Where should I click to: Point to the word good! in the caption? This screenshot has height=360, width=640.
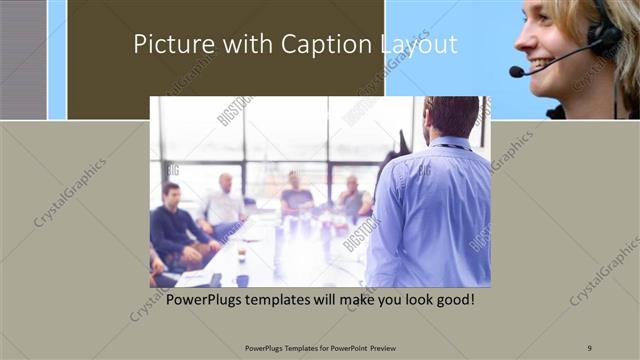pos(451,299)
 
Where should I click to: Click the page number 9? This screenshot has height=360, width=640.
pos(588,346)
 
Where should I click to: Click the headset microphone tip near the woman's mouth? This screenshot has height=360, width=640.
pos(516,72)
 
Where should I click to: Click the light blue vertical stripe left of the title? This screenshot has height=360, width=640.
pos(57,60)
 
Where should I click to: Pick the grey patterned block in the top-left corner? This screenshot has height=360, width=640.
pos(22,60)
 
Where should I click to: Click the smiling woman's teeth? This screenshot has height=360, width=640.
pos(541,65)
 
